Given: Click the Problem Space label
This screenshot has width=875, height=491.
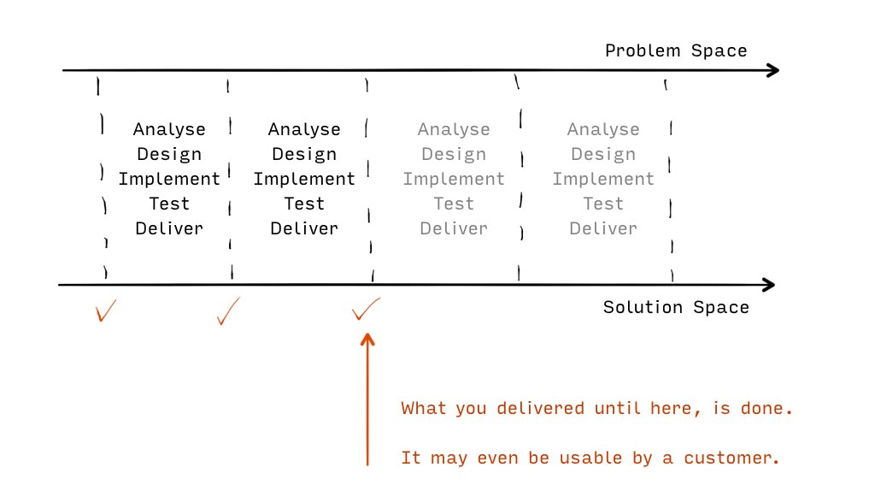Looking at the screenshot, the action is (x=676, y=50).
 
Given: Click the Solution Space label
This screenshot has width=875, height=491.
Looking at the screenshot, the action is (x=676, y=307).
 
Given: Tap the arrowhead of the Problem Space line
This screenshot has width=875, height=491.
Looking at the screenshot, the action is (x=773, y=70).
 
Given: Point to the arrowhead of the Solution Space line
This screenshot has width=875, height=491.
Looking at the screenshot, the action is (x=770, y=285).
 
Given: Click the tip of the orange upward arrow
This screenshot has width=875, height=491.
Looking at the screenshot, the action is (x=367, y=334).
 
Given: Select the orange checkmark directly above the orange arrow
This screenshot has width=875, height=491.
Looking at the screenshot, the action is (x=366, y=309).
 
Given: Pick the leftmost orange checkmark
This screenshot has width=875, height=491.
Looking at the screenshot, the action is (x=105, y=311).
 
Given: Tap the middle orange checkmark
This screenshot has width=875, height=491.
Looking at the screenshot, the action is (x=228, y=311).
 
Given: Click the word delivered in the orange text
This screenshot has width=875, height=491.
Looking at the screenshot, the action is (x=540, y=408).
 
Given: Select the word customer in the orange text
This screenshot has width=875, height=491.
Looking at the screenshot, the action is (x=731, y=458).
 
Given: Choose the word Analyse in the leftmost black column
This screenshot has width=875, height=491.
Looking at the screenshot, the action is (x=169, y=129).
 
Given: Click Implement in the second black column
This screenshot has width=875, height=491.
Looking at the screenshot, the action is (x=304, y=179).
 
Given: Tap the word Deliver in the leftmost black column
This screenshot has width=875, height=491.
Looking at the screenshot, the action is (x=169, y=228).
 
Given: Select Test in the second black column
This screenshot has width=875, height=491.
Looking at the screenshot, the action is (x=304, y=204).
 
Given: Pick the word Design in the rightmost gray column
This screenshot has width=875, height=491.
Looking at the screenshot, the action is (x=603, y=154).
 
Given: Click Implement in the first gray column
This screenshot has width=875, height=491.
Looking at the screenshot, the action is (x=454, y=179).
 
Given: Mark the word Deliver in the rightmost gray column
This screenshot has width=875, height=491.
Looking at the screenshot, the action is (x=603, y=228).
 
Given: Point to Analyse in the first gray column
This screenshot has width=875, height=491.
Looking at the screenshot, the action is (x=454, y=129).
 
